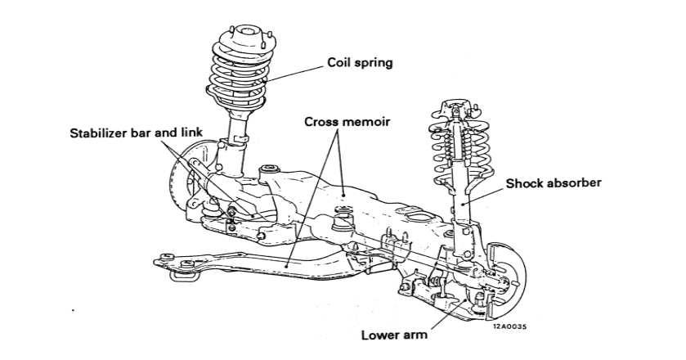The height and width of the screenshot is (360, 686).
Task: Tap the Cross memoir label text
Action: coord(346,121)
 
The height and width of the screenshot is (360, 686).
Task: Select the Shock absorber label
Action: coord(553,182)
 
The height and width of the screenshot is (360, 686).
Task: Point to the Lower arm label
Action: coord(392,334)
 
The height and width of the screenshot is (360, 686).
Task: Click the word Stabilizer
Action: coord(98,133)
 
